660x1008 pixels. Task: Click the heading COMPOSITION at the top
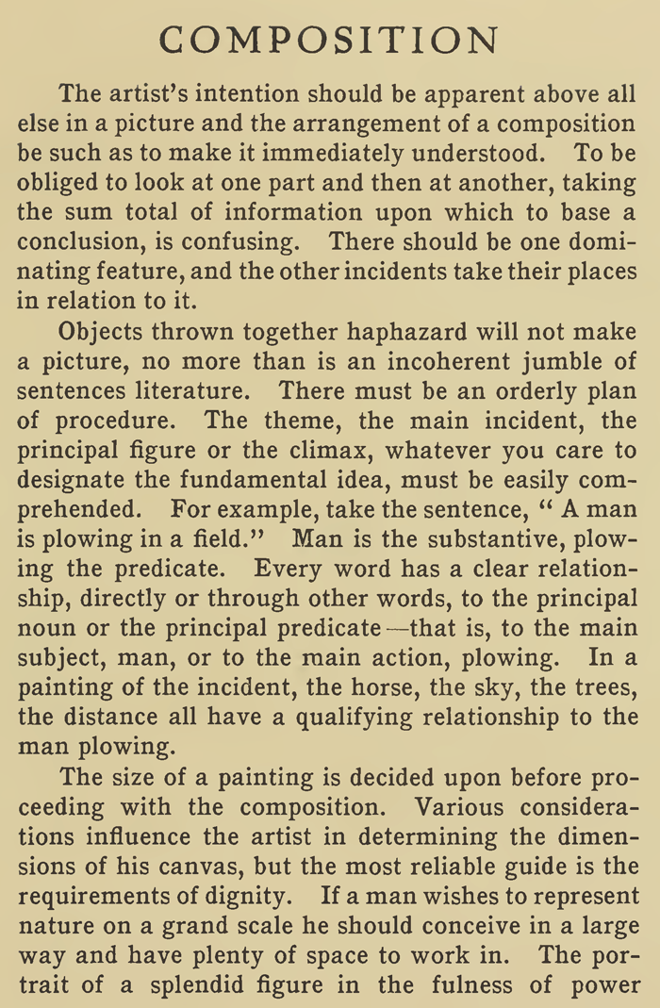[329, 41]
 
